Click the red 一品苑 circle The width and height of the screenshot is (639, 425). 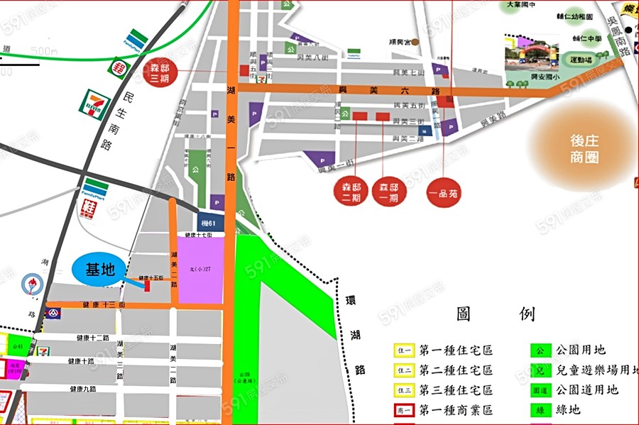[444, 192]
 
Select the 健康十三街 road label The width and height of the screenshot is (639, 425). [104, 305]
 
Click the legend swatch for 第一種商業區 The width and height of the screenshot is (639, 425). [403, 410]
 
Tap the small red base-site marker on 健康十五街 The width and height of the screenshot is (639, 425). [147, 285]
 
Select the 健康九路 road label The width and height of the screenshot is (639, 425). [83, 389]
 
